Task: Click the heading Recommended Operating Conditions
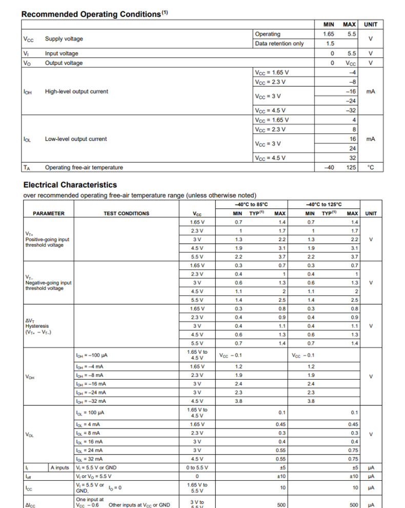coord(91,14)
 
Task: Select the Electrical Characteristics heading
coord(70,185)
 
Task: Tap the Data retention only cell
coord(279,44)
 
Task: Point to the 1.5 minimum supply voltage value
coord(330,44)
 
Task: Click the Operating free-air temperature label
coord(84,167)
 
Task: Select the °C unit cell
coord(371,167)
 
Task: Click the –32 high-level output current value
coord(351,110)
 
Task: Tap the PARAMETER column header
coord(49,213)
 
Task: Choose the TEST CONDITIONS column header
coord(126,213)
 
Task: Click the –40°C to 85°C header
coord(251,204)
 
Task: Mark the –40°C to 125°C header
coord(324,204)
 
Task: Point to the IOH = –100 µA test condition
coord(92,355)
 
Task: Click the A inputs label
coord(60,467)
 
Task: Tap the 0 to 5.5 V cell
coord(197,467)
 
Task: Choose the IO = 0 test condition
coord(114,487)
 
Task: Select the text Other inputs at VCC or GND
coord(139,505)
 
